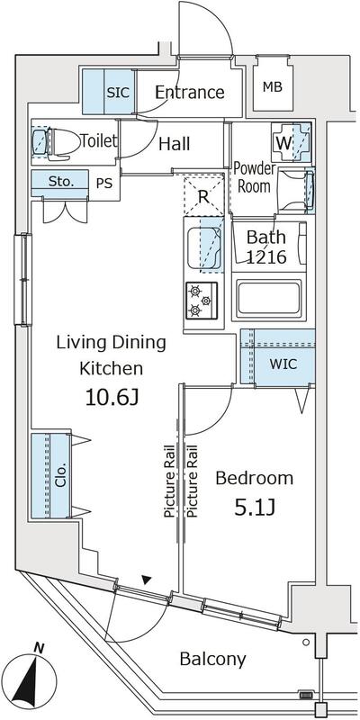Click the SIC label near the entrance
(x=119, y=93)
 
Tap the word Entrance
(x=190, y=93)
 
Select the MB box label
(x=273, y=86)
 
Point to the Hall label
(x=174, y=144)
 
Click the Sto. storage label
(x=61, y=182)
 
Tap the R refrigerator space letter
(x=203, y=197)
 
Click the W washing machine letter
(x=283, y=143)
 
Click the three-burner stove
(x=202, y=301)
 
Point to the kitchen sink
(x=204, y=249)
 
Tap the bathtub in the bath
(x=269, y=298)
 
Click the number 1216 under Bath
(x=266, y=257)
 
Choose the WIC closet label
(x=283, y=364)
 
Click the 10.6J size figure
(x=112, y=397)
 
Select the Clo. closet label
(x=61, y=475)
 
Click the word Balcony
(x=212, y=660)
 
